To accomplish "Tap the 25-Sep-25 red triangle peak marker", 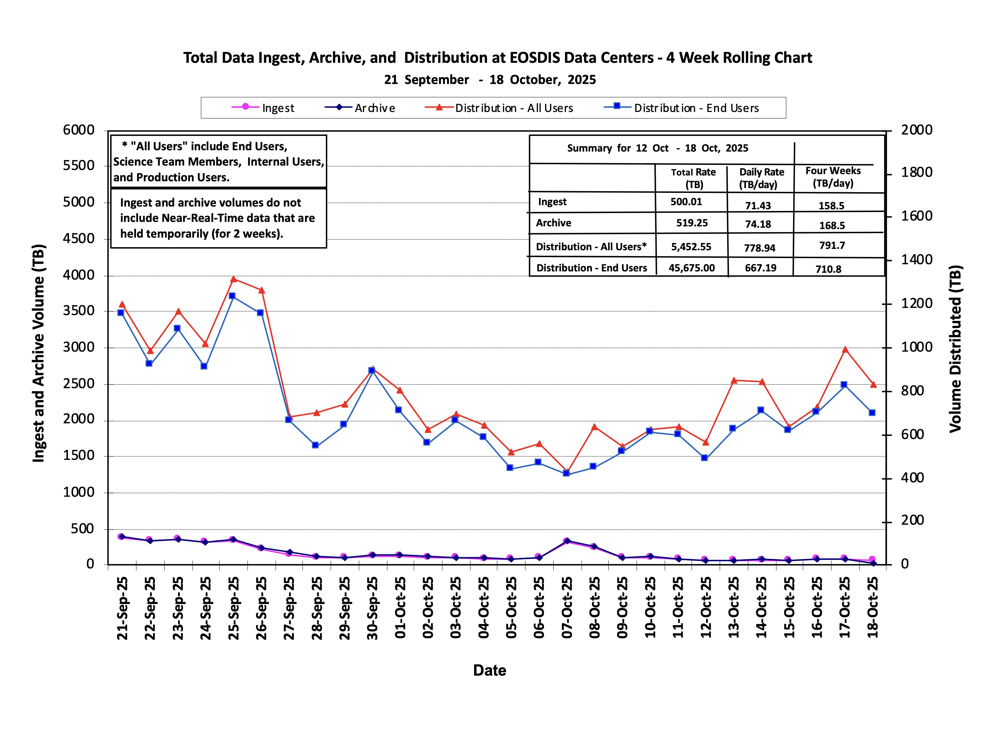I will coord(234,279).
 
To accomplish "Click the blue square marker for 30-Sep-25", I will coord(372,370).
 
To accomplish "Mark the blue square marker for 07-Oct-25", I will coord(566,473).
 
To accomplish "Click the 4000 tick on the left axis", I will coord(79,275).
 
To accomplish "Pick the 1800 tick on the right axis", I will coord(917,172).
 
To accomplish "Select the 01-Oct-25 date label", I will coord(400,607).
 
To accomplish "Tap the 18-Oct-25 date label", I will coord(872,607).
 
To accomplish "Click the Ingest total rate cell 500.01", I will coord(686,202).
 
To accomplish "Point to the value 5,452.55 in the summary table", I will coord(691,246).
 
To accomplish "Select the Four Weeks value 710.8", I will coord(828,269).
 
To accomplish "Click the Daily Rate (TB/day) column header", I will coord(761,178).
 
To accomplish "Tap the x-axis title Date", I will coord(489,671).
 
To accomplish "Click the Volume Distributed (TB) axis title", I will coord(955,349).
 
